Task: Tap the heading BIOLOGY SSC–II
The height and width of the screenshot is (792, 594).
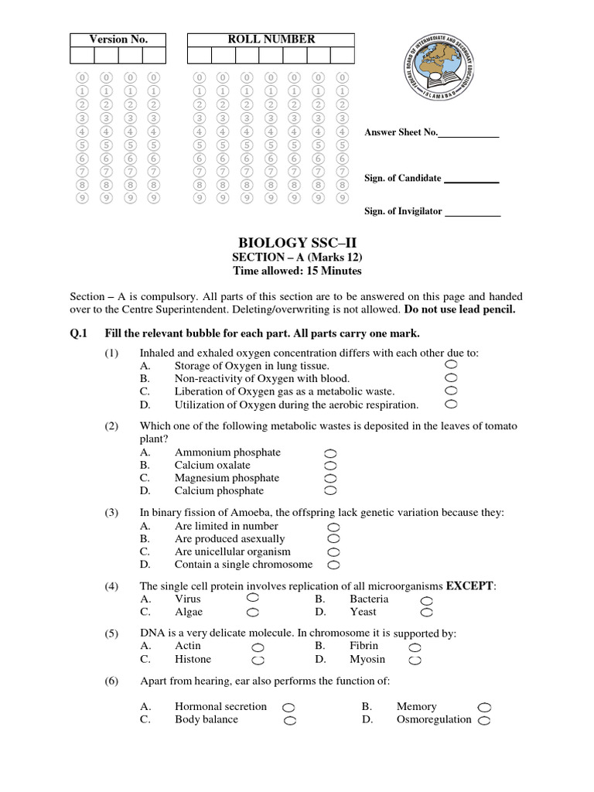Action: point(298,244)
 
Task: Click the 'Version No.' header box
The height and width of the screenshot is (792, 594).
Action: point(118,39)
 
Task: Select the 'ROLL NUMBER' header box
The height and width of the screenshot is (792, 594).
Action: point(270,39)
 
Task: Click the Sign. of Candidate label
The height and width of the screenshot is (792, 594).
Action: point(402,178)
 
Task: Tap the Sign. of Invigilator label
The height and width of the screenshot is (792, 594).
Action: point(404,210)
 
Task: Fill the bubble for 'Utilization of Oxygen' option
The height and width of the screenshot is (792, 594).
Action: point(451,404)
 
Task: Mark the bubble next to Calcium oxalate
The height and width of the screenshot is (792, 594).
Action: point(330,466)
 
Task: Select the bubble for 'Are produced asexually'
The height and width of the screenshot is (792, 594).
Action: point(333,538)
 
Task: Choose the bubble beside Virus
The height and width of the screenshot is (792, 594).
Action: point(253,598)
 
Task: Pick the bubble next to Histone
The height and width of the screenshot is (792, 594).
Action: point(258,661)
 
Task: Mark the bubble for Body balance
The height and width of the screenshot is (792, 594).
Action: point(290,720)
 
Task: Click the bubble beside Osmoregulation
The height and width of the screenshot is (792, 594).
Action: point(485,720)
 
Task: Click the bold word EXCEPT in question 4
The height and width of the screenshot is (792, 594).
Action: point(470,585)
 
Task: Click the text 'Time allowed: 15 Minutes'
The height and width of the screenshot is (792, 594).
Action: point(298,271)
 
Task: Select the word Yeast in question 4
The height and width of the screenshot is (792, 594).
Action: point(363,612)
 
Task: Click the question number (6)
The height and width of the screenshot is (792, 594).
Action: point(111,681)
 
